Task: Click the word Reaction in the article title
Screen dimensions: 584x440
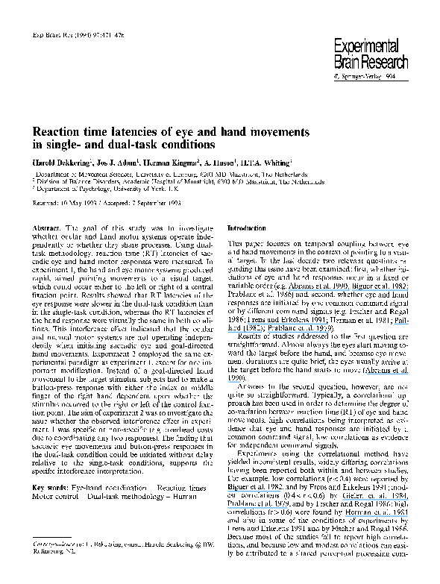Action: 61,131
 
